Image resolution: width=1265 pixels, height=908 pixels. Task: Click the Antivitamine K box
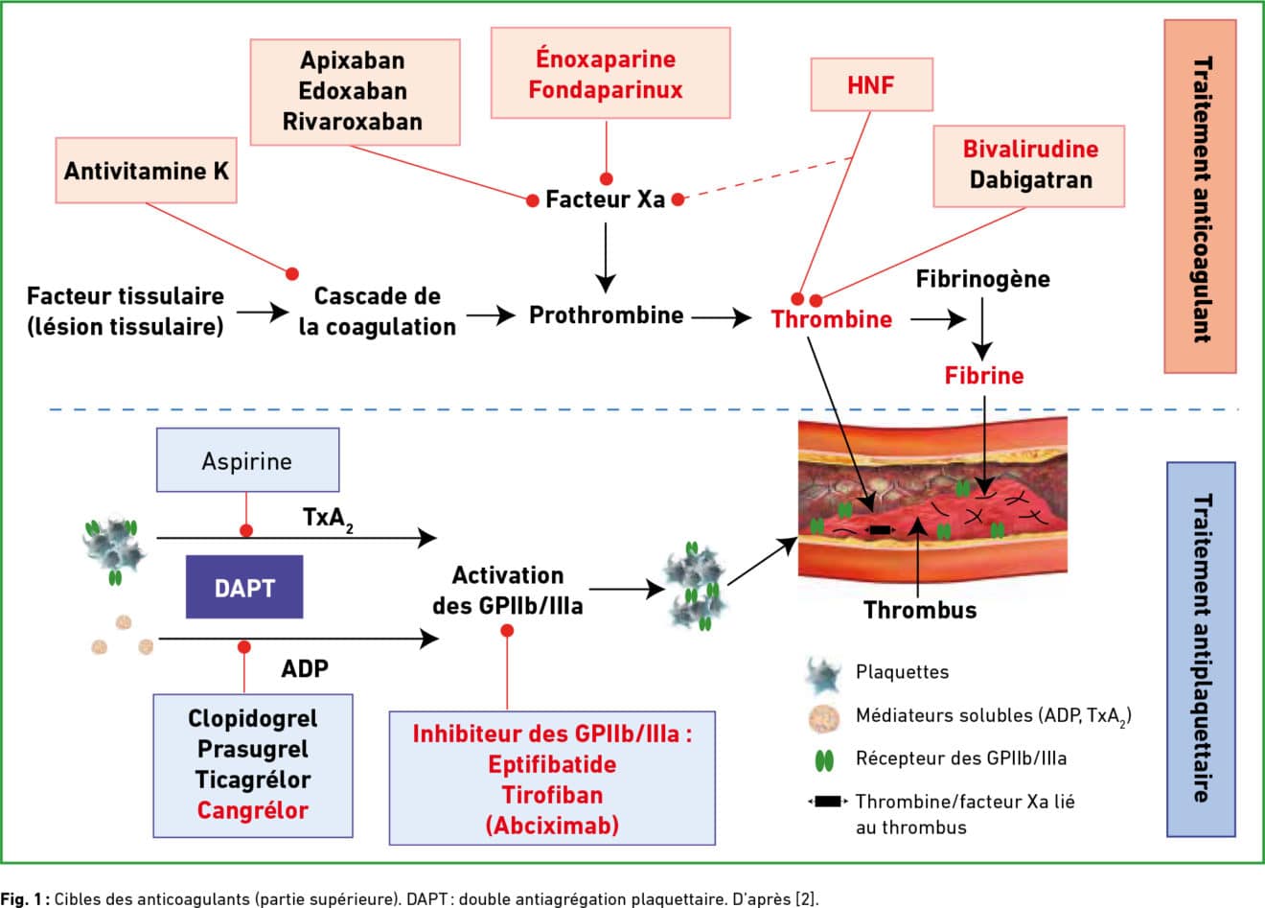(x=147, y=171)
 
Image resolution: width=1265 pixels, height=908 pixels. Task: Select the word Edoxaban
(x=353, y=91)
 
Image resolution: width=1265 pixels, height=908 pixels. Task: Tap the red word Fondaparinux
(x=606, y=90)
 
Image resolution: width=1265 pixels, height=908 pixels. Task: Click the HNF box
(x=871, y=84)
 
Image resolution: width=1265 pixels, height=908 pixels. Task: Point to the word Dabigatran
(x=1030, y=179)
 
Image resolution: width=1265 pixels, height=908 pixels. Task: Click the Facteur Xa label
(x=605, y=200)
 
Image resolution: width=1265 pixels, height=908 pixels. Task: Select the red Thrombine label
(x=832, y=319)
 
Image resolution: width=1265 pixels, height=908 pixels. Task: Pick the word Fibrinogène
(x=982, y=279)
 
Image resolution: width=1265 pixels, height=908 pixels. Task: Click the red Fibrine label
(x=984, y=376)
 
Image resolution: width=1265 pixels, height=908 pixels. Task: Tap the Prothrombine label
(x=606, y=315)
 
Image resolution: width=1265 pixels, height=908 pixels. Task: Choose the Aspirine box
(x=247, y=460)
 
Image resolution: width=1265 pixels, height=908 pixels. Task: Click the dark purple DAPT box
(x=244, y=587)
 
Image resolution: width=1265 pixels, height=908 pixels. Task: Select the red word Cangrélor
(x=253, y=810)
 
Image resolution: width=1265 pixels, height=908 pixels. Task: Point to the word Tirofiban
(x=552, y=795)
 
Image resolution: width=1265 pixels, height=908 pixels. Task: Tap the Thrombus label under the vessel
(x=920, y=610)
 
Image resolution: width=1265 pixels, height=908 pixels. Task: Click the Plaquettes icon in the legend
(x=822, y=674)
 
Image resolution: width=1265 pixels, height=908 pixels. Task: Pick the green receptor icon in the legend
(x=823, y=760)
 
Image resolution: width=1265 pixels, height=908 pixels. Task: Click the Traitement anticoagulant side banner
(x=1200, y=197)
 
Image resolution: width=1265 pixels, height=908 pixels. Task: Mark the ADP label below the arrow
(x=305, y=667)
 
